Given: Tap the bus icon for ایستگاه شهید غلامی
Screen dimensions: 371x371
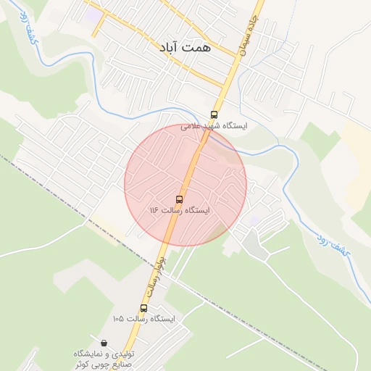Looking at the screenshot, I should point(213,114).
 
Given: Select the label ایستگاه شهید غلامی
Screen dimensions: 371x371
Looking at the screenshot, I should point(214,126).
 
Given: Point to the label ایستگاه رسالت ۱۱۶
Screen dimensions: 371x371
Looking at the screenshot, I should point(179,210).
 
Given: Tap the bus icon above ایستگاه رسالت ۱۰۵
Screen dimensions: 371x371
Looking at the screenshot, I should point(143,308).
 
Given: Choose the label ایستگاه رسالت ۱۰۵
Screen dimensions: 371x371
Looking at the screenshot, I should point(144,319).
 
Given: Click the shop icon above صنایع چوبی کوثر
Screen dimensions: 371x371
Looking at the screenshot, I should point(104,343).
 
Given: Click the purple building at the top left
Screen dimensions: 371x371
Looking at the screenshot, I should point(92,14).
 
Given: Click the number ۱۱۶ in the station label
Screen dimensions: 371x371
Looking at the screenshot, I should point(154,210).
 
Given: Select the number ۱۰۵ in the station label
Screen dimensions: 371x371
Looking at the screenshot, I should point(118,319).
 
